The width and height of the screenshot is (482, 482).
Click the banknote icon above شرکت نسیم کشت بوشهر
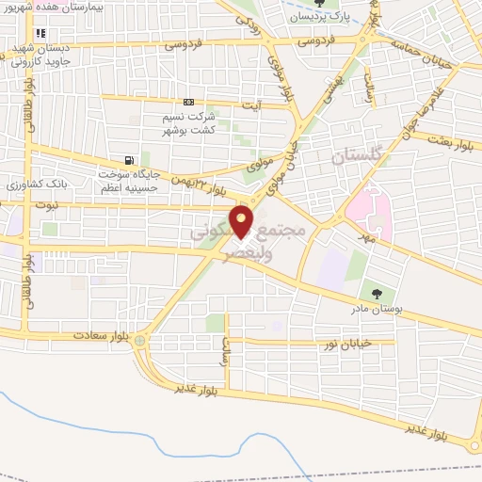189,102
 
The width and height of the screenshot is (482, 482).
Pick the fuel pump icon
126,159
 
